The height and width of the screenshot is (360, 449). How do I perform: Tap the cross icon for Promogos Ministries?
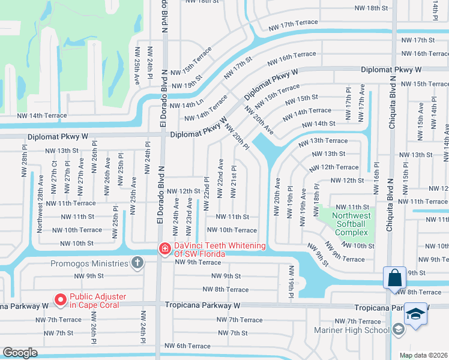coord(137,263)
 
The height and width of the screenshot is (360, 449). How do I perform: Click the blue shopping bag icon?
coord(395,278)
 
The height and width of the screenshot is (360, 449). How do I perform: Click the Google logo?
coord(20,352)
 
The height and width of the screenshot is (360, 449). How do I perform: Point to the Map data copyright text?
coord(423,355)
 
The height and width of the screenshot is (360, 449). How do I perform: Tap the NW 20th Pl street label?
coord(237,137)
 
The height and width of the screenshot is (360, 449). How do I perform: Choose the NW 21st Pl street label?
coord(234,182)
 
